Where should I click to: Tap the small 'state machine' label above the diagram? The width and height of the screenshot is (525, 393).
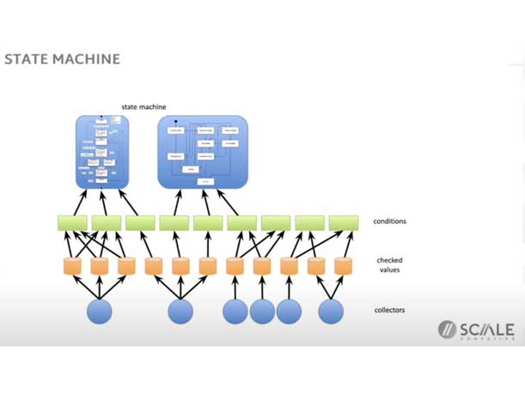pos(143,107)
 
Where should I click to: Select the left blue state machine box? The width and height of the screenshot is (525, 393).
pos(102,152)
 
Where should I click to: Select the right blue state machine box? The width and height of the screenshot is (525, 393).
pos(203,152)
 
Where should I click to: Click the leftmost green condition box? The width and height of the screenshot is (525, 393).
pos(72,222)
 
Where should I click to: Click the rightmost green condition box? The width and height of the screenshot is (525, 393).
pos(344,222)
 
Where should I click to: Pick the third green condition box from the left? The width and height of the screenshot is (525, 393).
pos(140,222)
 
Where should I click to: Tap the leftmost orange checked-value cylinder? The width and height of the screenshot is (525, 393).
pos(73,266)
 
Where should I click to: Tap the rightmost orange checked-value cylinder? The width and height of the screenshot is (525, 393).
pos(344,266)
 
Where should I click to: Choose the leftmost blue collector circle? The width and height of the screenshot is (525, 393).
pos(100,311)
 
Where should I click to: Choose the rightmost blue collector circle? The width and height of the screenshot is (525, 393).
pos(331,311)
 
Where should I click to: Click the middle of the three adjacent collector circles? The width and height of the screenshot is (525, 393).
pos(262,311)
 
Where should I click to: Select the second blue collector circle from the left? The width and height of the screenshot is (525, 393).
pos(180,311)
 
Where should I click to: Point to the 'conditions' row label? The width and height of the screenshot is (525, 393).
pos(390,221)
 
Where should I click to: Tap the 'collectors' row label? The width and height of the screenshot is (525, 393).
pos(390,310)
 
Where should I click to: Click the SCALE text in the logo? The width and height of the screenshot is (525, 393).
pos(487,330)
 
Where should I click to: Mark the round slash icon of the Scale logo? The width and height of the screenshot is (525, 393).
pos(447,330)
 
